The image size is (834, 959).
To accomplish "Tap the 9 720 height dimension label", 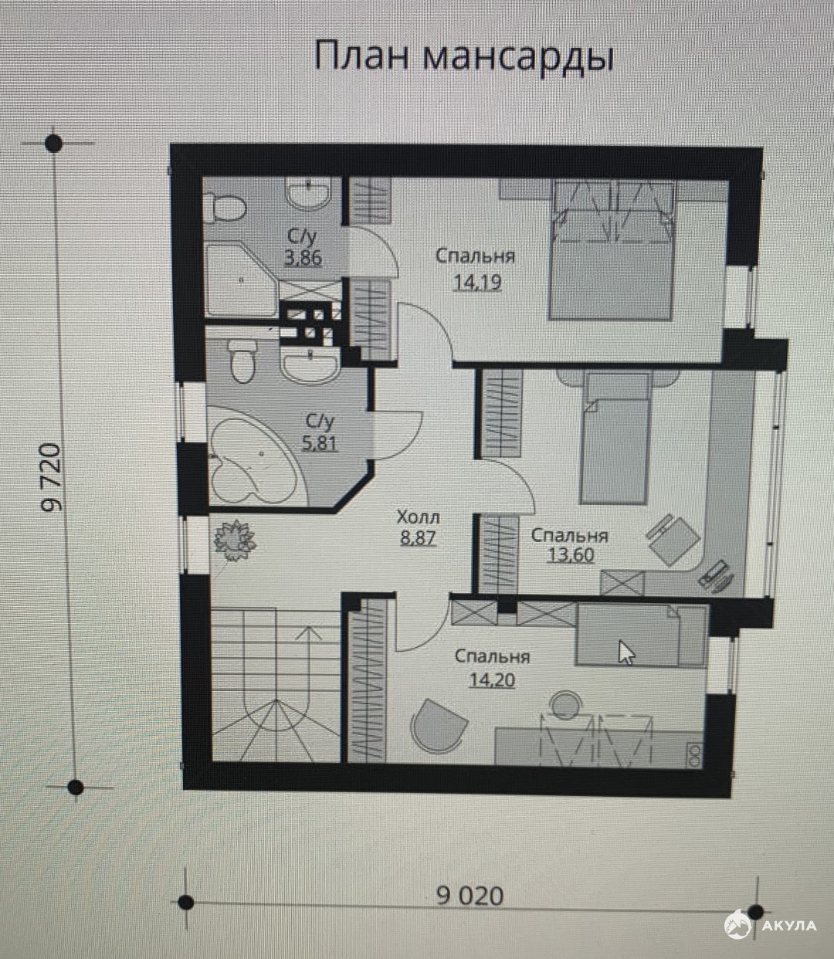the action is click(x=51, y=477).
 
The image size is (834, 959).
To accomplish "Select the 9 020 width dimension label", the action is click(x=470, y=896).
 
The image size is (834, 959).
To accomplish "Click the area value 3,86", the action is click(x=303, y=257).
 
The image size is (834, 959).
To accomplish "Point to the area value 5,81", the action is click(x=320, y=442).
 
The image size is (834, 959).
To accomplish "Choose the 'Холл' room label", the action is click(x=418, y=517).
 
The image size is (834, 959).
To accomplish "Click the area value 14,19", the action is click(x=477, y=282).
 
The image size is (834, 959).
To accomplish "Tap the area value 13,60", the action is click(x=571, y=555).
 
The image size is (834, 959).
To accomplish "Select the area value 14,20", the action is click(x=492, y=680).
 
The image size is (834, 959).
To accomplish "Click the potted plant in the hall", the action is click(x=235, y=541).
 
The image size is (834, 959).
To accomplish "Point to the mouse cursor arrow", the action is click(x=625, y=653).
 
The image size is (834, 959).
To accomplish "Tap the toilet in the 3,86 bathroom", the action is click(x=227, y=208).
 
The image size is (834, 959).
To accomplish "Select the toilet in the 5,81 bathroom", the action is click(x=242, y=361).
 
